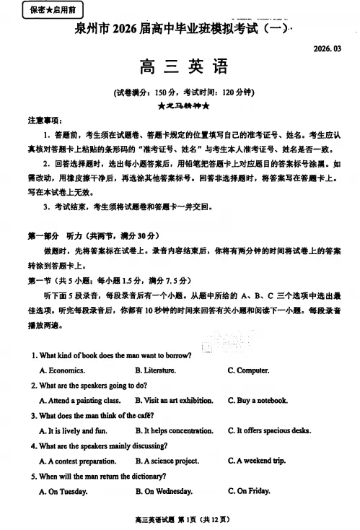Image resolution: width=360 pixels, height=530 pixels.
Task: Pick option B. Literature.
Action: pyautogui.click(x=155, y=370)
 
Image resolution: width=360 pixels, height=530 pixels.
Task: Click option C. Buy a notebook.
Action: pyautogui.click(x=258, y=400)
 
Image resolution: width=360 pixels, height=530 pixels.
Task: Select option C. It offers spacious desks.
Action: pyautogui.click(x=269, y=431)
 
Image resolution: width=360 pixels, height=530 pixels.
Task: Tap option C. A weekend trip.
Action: pyautogui.click(x=255, y=461)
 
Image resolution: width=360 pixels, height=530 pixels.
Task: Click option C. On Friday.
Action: pyautogui.click(x=248, y=491)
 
